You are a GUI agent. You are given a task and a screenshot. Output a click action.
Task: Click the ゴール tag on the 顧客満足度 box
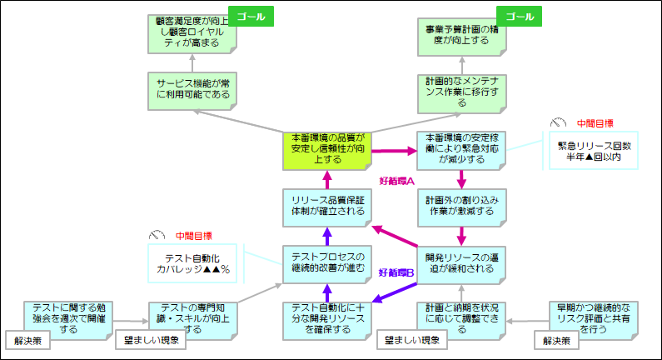point(251,17)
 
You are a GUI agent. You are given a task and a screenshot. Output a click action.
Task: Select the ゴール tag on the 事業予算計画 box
point(520,17)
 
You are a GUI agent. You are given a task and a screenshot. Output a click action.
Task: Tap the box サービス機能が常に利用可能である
point(192,89)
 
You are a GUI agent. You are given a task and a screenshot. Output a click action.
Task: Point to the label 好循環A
point(396,181)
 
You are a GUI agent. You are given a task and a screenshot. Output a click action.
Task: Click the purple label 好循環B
point(396,272)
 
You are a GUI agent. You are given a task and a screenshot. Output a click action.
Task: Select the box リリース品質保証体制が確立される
point(324,205)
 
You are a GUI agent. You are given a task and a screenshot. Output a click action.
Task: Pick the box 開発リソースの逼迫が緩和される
point(461,262)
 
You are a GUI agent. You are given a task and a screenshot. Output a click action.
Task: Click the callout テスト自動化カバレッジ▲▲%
point(192,262)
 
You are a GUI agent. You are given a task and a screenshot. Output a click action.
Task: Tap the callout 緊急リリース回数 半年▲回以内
point(594,151)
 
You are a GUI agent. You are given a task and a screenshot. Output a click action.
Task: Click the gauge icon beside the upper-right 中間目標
point(558,122)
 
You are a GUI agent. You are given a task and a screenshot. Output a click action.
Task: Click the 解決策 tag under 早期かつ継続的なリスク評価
point(557,340)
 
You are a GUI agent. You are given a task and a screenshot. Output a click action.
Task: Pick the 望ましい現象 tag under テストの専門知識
point(146,340)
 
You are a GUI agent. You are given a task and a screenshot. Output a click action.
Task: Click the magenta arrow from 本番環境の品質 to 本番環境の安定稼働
point(392,151)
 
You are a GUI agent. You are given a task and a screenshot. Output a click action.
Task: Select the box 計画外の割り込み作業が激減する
point(461,205)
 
